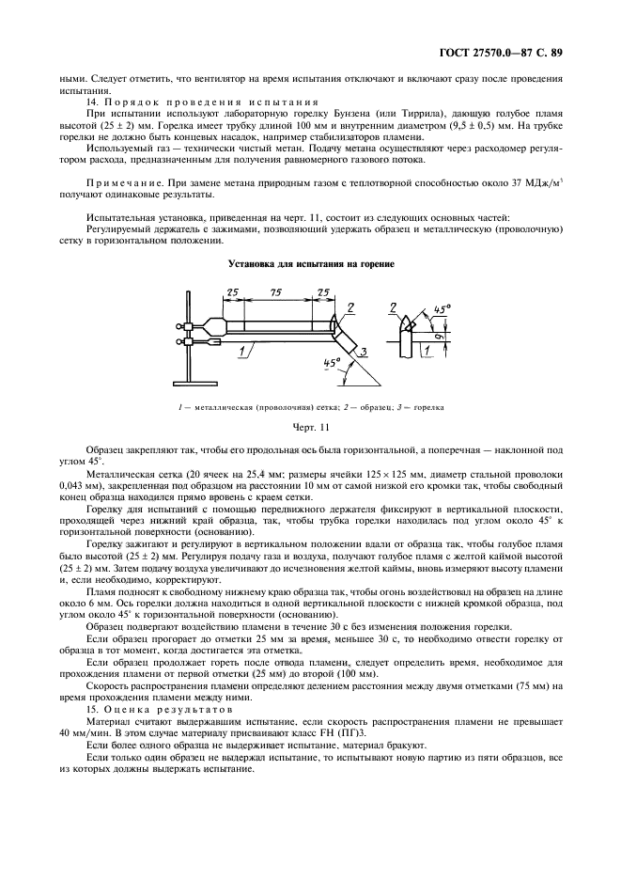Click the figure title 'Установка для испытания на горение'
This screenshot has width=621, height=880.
[x=311, y=264]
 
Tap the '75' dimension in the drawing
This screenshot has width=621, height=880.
[x=278, y=294]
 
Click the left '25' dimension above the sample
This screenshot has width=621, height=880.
[x=233, y=294]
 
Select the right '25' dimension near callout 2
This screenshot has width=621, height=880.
[x=322, y=294]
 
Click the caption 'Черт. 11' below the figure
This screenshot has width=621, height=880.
[x=310, y=429]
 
